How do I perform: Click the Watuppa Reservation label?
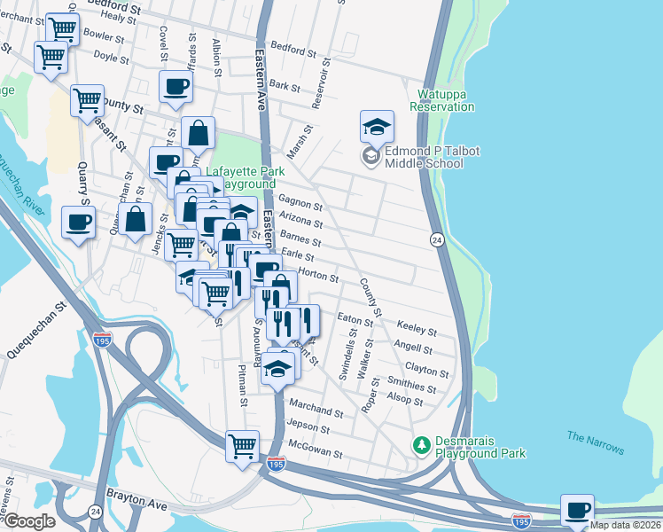click(442, 99)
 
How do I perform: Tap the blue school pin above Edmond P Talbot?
click(377, 127)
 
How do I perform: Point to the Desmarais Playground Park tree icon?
click(423, 442)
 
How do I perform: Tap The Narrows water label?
click(595, 442)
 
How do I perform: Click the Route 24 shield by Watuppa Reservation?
click(437, 240)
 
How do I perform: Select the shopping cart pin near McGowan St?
click(242, 446)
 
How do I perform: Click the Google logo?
click(28, 521)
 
